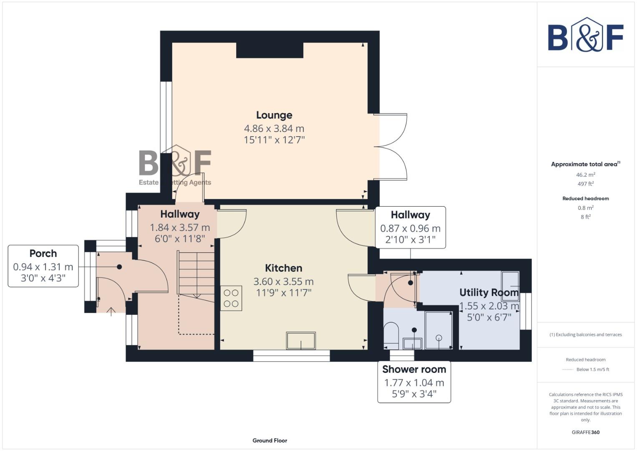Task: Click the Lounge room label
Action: tap(274, 115)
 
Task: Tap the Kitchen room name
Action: tap(283, 268)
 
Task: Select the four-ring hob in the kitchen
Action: tap(231, 298)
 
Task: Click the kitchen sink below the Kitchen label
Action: tap(301, 341)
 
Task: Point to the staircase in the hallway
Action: tap(196, 274)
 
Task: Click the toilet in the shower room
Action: tap(391, 336)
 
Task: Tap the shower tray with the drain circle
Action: tap(438, 330)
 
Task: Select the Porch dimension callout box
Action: tap(43, 266)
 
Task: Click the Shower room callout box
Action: tap(414, 382)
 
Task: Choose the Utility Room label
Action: tap(488, 292)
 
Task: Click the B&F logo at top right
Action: tap(585, 35)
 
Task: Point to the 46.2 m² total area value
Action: tap(585, 175)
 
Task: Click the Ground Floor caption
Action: tap(269, 441)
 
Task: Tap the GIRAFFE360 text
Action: tap(585, 432)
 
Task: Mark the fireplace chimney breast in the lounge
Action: tap(269, 50)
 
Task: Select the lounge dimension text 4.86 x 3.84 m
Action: tap(274, 129)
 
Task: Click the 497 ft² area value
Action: tap(585, 184)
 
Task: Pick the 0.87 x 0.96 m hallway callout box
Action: tap(410, 228)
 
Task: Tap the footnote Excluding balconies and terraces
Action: tap(585, 334)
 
